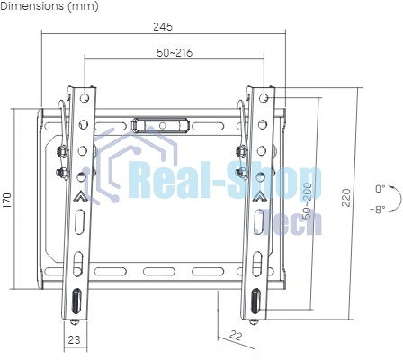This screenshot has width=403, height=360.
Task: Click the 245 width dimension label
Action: (x=163, y=27)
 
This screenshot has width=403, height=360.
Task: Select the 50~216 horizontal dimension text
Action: (x=175, y=53)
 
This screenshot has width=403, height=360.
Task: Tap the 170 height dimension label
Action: (x=6, y=201)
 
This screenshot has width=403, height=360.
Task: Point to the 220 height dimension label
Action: (x=346, y=197)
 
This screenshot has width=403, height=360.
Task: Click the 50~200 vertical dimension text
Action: (x=308, y=201)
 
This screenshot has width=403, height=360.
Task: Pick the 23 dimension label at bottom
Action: (x=74, y=339)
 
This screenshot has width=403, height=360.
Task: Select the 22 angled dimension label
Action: (x=236, y=335)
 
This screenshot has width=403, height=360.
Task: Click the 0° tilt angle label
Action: (x=380, y=189)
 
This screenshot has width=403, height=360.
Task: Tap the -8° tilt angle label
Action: (x=378, y=209)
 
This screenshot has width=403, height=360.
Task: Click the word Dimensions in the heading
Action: (x=32, y=6)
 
